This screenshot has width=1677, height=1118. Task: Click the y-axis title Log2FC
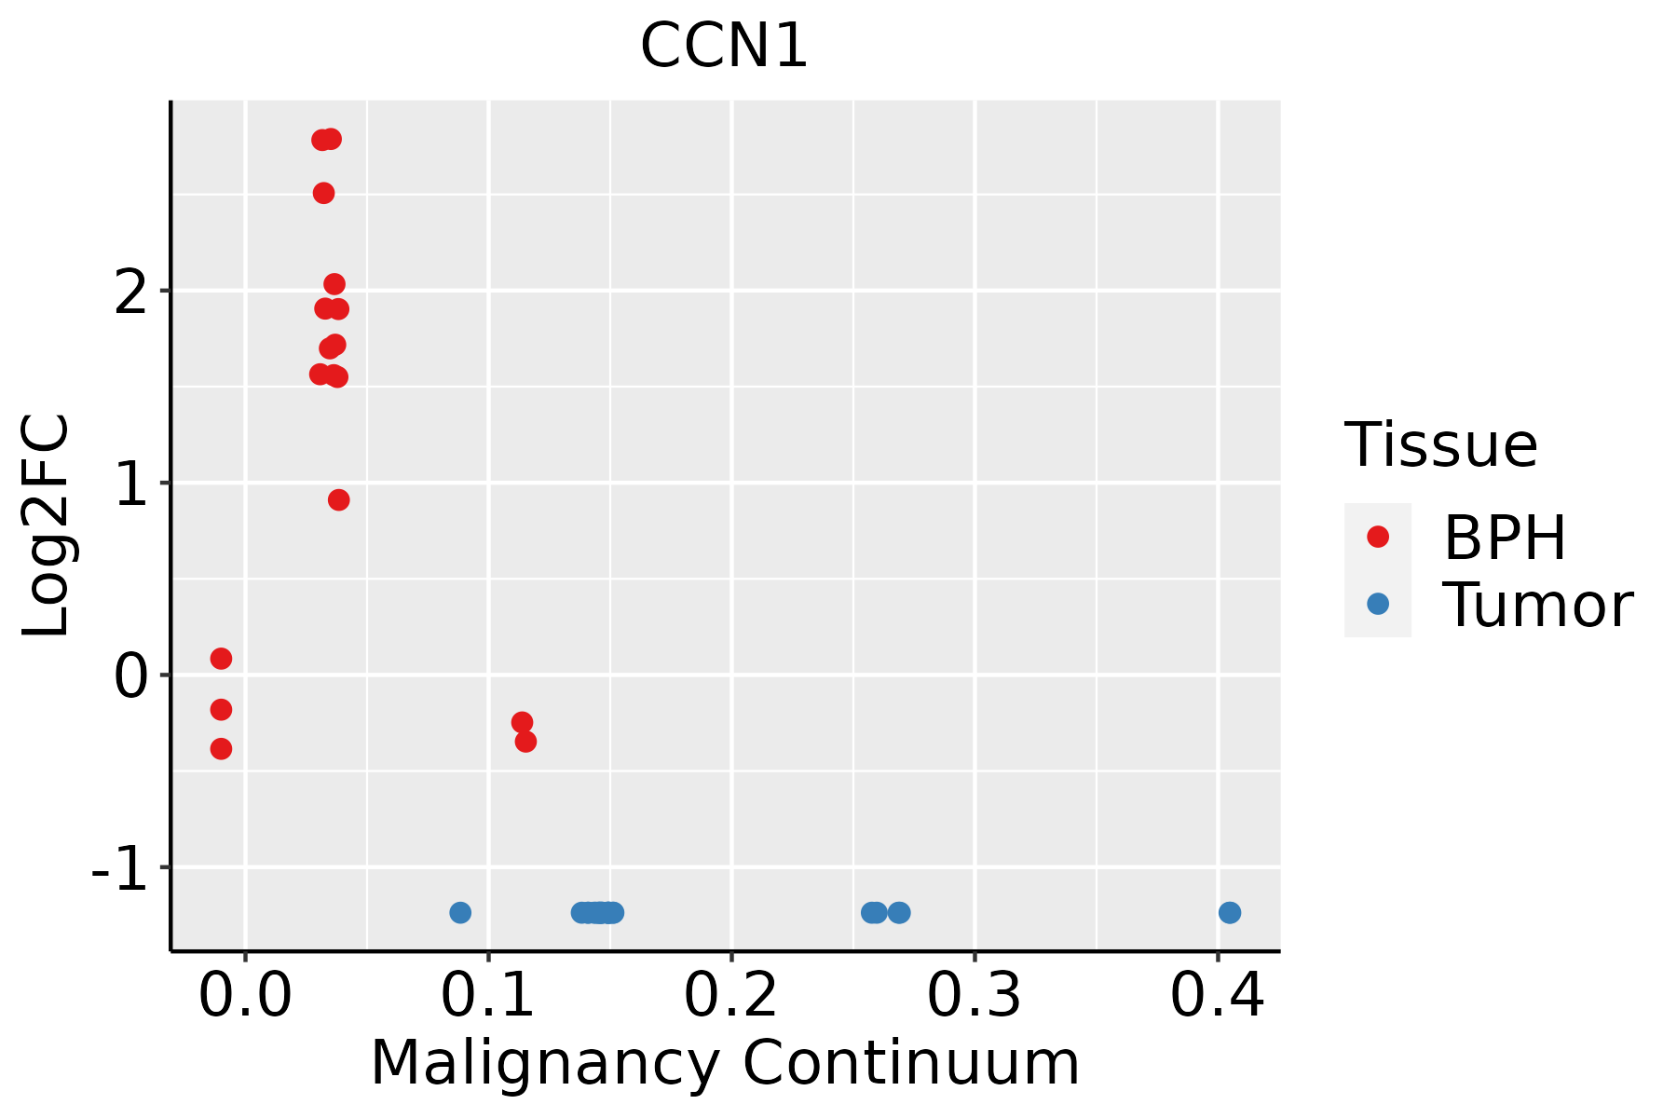click(47, 526)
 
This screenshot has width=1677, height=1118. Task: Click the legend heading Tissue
click(1441, 445)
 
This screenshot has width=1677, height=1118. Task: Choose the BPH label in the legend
click(1505, 538)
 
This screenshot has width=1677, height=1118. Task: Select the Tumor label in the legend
click(1537, 605)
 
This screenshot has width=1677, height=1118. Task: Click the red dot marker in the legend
click(1378, 537)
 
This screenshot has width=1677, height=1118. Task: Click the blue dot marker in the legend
click(1378, 604)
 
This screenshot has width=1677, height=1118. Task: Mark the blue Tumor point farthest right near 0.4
click(1230, 912)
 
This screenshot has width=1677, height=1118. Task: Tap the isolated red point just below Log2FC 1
click(339, 500)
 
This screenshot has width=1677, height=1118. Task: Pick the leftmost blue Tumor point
click(460, 912)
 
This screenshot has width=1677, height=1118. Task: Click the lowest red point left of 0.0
click(221, 749)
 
